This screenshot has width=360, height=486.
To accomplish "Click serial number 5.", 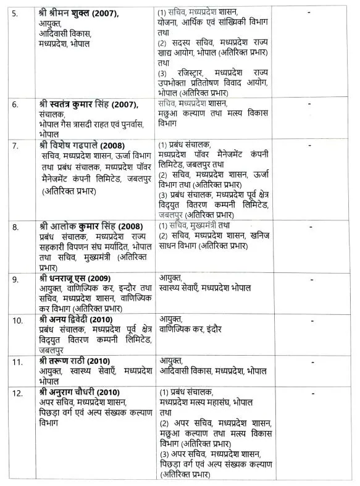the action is click(x=14, y=12).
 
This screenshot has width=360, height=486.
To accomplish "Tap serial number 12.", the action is click(x=17, y=393).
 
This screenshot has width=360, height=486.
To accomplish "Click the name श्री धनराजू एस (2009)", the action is click(x=72, y=279).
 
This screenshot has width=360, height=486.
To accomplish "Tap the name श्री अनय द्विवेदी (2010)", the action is click(x=73, y=319).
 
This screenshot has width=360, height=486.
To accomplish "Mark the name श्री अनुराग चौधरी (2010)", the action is click(x=77, y=393).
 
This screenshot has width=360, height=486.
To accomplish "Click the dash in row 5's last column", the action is click(x=309, y=12).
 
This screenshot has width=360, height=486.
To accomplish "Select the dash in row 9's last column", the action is click(x=309, y=279).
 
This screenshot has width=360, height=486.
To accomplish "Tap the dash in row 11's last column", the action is click(x=309, y=361).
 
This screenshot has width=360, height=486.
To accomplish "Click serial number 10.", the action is click(x=17, y=320).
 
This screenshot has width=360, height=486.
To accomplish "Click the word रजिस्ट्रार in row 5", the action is click(x=189, y=73).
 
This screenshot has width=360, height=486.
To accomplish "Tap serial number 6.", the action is click(x=14, y=104).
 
